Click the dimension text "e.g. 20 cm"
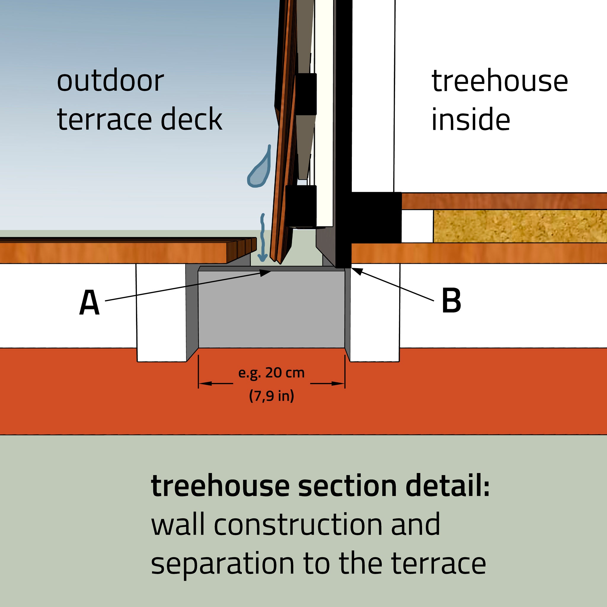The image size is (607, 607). coord(271,373)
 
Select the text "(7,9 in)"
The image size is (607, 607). coord(271,396)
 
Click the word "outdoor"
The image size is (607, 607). coord(110,81)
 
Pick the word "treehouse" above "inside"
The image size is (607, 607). coord(499,81)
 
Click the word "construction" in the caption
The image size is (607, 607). coord(298,525)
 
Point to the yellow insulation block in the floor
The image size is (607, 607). coord(518,226)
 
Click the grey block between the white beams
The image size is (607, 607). coord(271,309)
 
